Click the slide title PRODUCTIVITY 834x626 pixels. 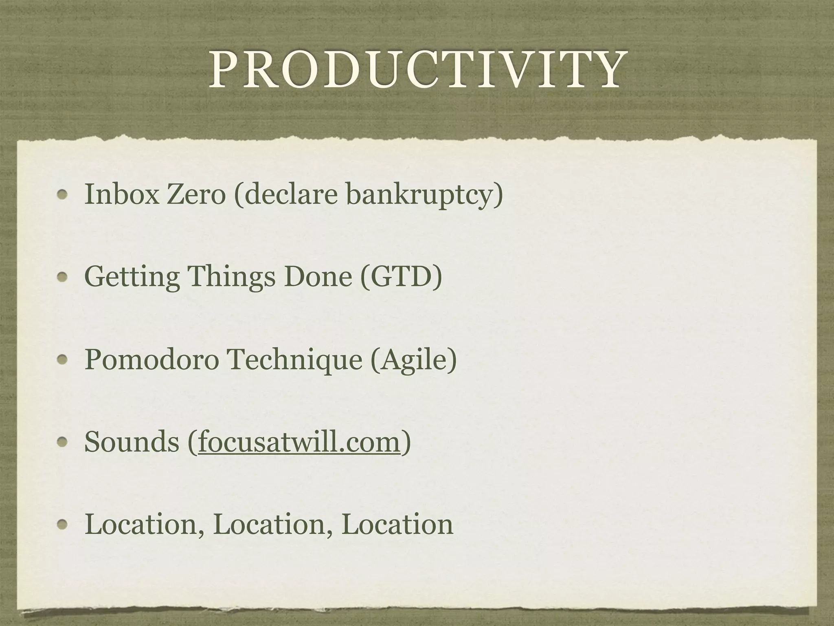(416, 70)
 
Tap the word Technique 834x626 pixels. (294, 360)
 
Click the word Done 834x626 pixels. (318, 277)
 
